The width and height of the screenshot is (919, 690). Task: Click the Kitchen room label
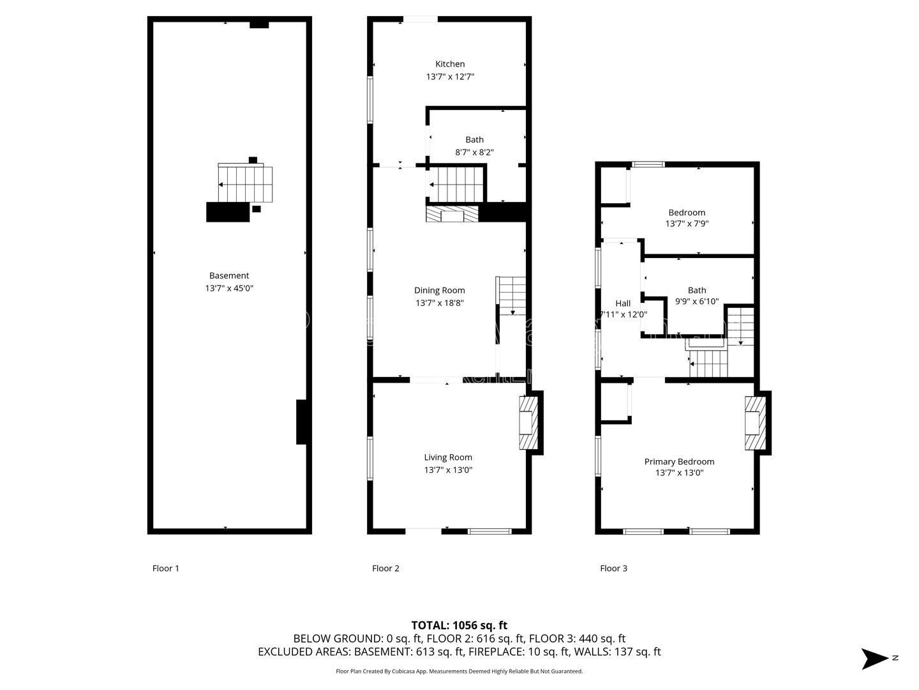[450, 64]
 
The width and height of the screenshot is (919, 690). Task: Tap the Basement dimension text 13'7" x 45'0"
[229, 288]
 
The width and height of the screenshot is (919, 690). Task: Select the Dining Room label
[439, 290]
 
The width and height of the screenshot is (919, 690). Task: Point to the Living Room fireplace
[528, 423]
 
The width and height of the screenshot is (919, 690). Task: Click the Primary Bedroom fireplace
[755, 423]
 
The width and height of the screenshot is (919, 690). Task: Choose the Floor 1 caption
[165, 568]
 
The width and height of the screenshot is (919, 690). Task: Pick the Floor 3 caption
[613, 568]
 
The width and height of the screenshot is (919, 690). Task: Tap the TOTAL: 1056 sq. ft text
[459, 625]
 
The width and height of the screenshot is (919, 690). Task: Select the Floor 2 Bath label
[474, 139]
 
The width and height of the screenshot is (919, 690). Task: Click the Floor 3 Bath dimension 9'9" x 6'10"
[697, 301]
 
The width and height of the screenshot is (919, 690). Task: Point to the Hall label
[623, 303]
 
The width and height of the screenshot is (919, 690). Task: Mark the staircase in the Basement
[245, 183]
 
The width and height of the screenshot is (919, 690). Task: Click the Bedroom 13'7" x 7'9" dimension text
[687, 224]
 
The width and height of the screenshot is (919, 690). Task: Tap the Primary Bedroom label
[679, 462]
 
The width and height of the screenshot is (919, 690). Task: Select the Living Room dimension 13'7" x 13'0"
[448, 470]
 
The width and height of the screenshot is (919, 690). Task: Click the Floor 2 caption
[385, 568]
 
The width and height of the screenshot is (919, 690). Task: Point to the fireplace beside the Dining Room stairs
[452, 213]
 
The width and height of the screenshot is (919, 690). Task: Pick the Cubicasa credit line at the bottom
[459, 671]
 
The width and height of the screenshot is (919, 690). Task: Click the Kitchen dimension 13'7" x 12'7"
[450, 77]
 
